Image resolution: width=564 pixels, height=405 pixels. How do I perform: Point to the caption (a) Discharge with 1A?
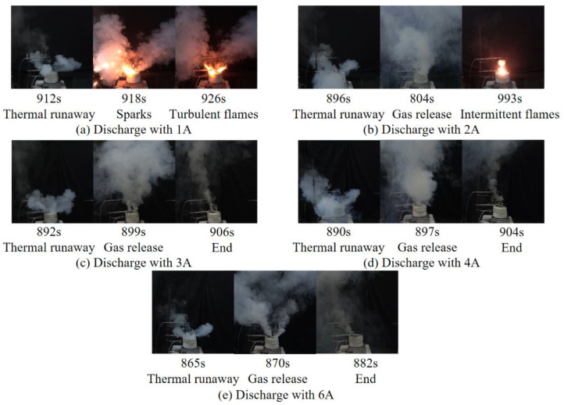click(134, 128)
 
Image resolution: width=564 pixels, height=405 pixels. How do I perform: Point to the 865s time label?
click(193, 365)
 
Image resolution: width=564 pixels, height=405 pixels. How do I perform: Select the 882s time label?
click(358, 365)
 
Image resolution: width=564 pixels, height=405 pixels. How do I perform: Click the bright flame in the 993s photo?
click(502, 69)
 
